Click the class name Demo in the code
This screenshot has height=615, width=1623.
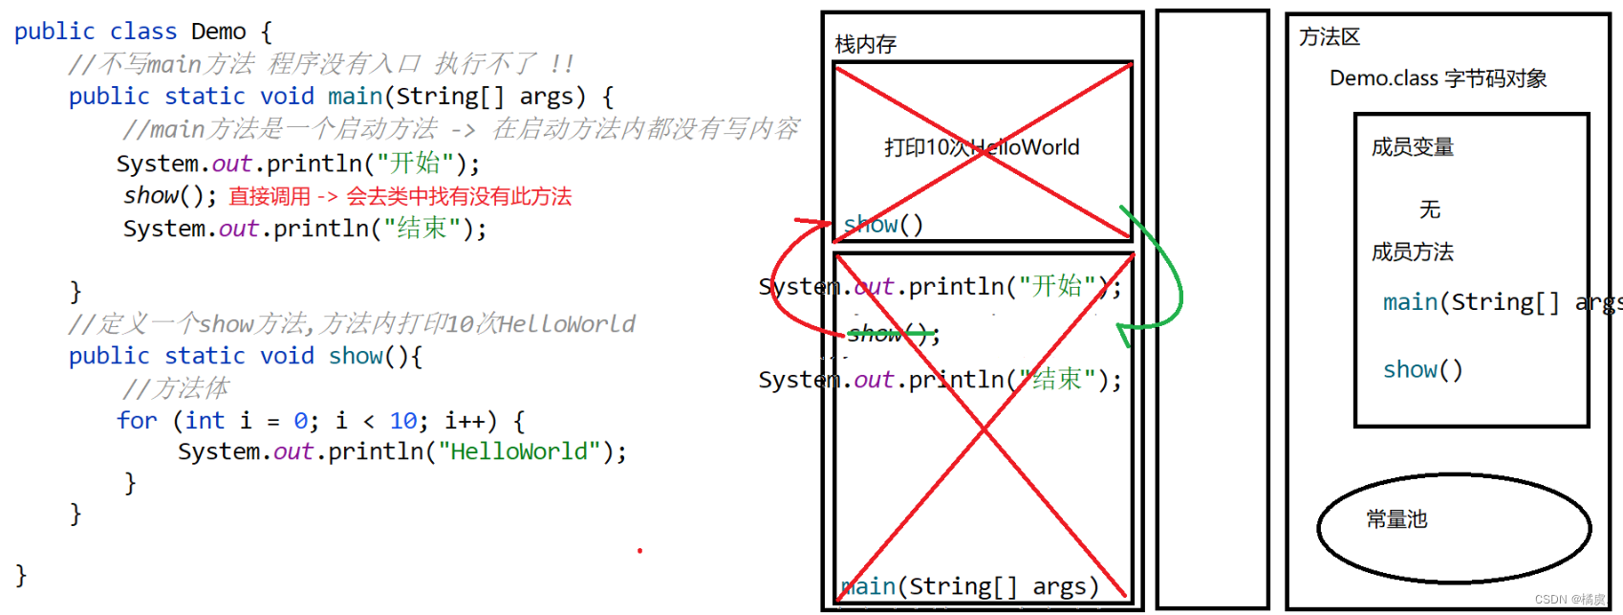pos(218,32)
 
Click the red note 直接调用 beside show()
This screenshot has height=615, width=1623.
pos(270,196)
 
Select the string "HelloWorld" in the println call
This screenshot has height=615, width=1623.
pos(518,451)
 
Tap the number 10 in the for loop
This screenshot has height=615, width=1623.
pos(402,421)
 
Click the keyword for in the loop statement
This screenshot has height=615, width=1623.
pos(137,421)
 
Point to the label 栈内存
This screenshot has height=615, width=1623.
pos(865,44)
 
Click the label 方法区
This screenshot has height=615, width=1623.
pos(1329,37)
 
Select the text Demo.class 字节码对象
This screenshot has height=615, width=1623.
pos(1438,78)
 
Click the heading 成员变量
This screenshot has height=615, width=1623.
pos(1412,147)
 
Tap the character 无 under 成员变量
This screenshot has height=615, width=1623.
pos(1429,209)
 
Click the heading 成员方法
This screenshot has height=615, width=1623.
pos(1412,253)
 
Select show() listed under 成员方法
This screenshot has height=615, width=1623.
pos(1422,370)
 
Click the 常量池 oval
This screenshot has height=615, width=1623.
pos(1453,527)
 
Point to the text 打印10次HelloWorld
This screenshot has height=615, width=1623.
pos(982,147)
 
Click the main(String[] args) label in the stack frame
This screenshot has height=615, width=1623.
pos(969,586)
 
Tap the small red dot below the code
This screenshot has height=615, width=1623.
pos(639,551)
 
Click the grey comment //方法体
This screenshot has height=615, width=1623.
pos(176,388)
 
